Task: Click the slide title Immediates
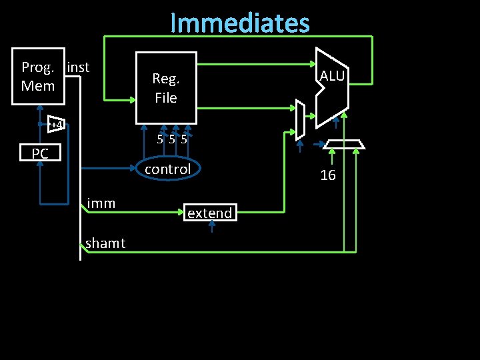240,23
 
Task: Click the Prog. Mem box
38,77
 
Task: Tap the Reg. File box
166,87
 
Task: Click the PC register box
40,154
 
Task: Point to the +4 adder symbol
55,125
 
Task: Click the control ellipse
167,169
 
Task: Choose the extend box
210,213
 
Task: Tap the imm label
101,203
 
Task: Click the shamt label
105,243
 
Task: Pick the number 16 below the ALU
328,176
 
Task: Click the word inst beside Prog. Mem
78,67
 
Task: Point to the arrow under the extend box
211,227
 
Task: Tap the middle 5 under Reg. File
171,140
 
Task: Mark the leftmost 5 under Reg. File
160,140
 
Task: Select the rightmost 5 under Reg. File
183,140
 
